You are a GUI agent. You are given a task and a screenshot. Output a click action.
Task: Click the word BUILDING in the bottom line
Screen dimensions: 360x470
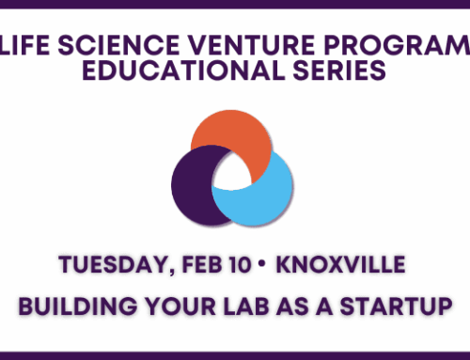(x=90, y=306)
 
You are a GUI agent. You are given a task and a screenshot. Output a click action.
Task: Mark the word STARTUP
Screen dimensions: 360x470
(x=396, y=306)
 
